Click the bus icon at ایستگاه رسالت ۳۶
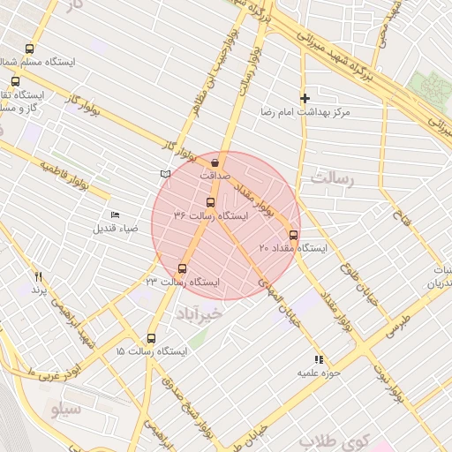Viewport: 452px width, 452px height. coord(209,201)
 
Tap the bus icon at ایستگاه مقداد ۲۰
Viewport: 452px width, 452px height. coord(293,235)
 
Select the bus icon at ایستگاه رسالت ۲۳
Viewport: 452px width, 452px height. coord(183,268)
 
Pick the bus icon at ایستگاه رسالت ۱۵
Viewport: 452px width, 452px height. coord(151,338)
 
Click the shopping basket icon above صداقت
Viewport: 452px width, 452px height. coord(215,162)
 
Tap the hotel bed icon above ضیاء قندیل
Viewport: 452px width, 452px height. coord(115,215)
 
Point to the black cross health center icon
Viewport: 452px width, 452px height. coord(305,98)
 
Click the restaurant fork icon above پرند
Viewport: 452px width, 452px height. coord(38,276)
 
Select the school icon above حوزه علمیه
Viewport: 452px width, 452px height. coord(319,359)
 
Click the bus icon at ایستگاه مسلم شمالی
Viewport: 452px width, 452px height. coord(29,49)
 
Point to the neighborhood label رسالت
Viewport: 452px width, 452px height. coord(332,179)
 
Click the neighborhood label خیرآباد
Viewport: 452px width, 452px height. coord(202,313)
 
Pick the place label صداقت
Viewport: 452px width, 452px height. coord(215,176)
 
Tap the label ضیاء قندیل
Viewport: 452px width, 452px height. coord(116,229)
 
